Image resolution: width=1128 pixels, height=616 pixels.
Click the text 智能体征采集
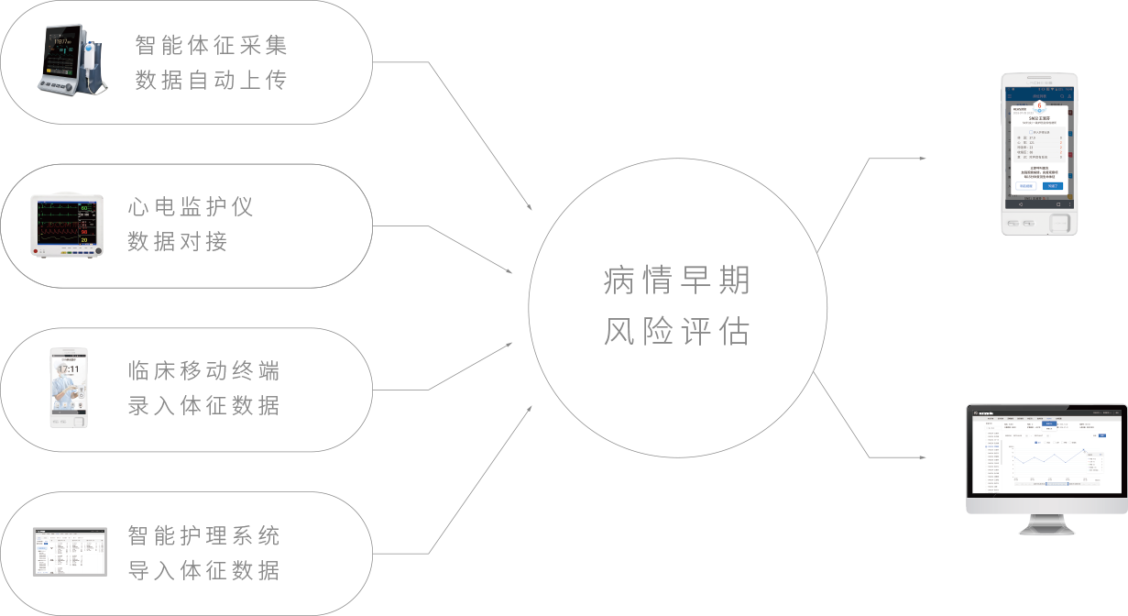211,45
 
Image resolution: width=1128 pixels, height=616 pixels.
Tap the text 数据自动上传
211,81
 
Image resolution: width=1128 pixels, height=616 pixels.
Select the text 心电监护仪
191,207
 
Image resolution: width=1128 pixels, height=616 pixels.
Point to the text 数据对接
178,242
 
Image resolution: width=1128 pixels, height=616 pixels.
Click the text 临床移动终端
203,371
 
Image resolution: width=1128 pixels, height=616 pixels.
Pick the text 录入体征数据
203,405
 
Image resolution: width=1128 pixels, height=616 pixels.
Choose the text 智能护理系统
203,535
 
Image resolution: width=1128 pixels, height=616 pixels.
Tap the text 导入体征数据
203,570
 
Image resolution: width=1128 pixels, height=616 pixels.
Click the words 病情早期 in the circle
677,280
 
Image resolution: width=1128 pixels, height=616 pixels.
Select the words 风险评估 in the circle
677,332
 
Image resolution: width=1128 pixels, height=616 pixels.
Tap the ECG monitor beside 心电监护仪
66,225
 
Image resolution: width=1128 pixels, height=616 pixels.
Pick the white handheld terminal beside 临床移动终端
70,388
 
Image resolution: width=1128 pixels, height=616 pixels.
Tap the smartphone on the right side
1038,153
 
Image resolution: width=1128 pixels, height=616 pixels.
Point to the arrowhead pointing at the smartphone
923,159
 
